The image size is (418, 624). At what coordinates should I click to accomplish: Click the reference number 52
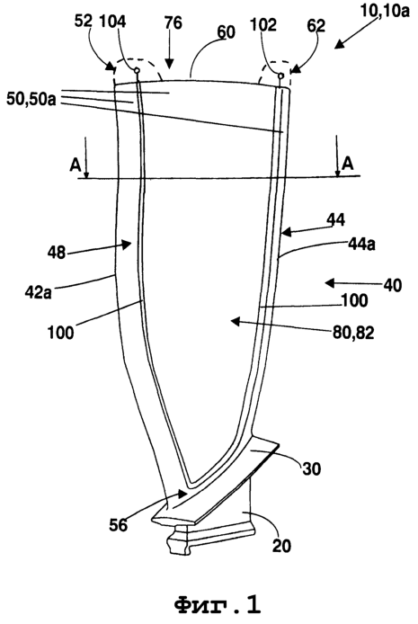click(x=83, y=21)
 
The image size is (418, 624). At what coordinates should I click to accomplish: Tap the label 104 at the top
click(x=112, y=21)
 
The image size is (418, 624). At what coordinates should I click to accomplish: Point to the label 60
click(x=227, y=32)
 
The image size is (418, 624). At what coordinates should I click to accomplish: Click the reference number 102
click(x=263, y=24)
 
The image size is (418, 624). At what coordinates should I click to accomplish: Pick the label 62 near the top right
click(x=316, y=25)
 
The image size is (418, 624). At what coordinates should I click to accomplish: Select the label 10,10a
click(x=384, y=11)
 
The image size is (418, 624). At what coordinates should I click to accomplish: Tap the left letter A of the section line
click(x=76, y=165)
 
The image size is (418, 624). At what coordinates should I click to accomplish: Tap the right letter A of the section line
click(x=348, y=163)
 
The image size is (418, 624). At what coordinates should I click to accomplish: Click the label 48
click(x=57, y=252)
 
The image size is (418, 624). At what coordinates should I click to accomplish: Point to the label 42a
click(x=38, y=292)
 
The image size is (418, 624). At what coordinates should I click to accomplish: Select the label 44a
click(x=361, y=244)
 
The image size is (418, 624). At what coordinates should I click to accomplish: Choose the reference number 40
click(x=393, y=285)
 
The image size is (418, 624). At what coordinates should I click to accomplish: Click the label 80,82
click(x=354, y=333)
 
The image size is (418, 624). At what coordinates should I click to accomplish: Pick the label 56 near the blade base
click(x=119, y=525)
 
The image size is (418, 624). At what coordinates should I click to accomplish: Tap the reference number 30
click(x=311, y=468)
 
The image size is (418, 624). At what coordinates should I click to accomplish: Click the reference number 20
click(x=282, y=546)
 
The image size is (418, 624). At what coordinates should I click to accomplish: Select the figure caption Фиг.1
click(x=218, y=605)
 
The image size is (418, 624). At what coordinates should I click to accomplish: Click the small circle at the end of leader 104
click(x=137, y=70)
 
